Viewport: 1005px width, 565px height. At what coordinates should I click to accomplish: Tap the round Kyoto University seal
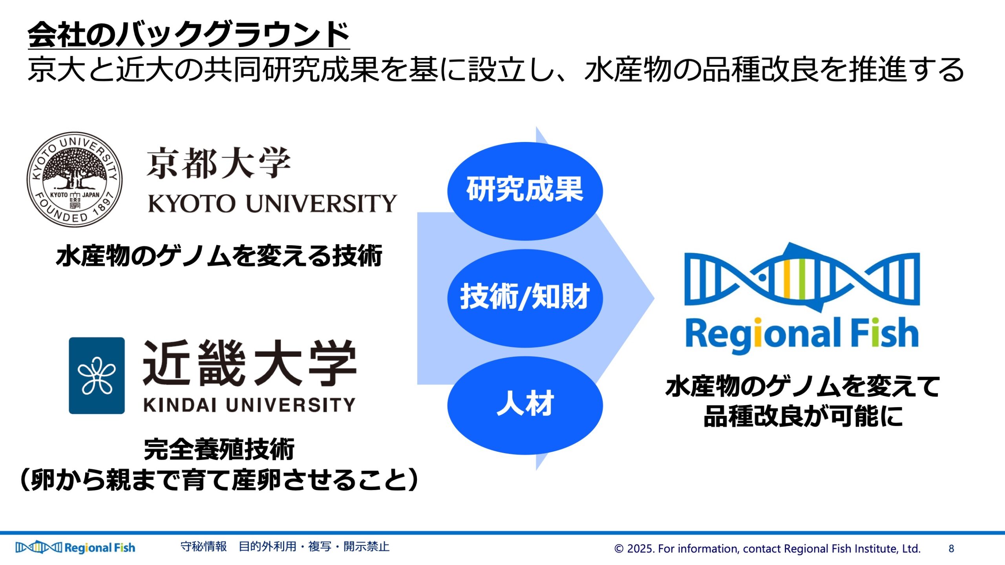click(75, 179)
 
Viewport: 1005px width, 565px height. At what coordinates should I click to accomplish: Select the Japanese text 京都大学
click(219, 163)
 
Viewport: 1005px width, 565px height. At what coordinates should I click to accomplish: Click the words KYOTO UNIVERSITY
click(272, 203)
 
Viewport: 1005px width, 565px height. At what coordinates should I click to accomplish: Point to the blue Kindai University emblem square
click(97, 375)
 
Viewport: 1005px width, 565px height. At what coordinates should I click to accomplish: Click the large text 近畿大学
click(250, 363)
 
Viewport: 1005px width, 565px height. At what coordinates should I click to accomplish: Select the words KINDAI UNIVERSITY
click(249, 405)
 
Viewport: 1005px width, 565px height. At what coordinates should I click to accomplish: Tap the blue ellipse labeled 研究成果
click(525, 191)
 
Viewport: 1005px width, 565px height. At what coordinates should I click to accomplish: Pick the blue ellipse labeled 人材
click(525, 405)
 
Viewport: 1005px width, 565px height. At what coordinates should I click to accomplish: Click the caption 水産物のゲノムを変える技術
click(219, 256)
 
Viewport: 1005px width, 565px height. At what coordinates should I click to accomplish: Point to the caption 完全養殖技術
click(219, 449)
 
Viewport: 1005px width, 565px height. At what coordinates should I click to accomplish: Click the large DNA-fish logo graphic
click(802, 277)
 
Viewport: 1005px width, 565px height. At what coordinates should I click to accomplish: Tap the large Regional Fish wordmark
click(802, 334)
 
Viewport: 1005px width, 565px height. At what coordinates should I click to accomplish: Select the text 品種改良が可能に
click(803, 416)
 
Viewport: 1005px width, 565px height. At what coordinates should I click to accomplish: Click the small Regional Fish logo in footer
click(75, 547)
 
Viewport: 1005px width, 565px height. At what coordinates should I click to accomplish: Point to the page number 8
click(951, 549)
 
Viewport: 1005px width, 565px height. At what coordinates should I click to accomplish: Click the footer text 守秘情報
click(203, 547)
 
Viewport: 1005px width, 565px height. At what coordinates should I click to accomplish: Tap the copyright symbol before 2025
click(619, 549)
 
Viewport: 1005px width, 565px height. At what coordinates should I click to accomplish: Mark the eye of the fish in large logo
click(762, 277)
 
